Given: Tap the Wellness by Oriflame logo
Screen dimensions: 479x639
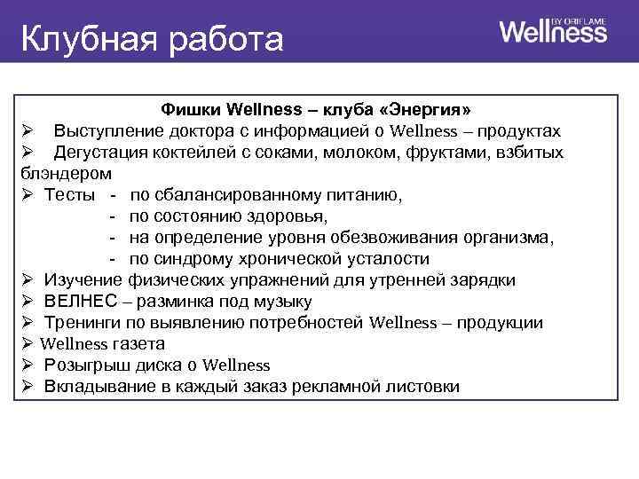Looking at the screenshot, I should coord(553,32).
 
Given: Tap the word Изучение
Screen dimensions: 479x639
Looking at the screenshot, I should coord(81,280).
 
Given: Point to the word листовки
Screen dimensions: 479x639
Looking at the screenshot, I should coord(417,387).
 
